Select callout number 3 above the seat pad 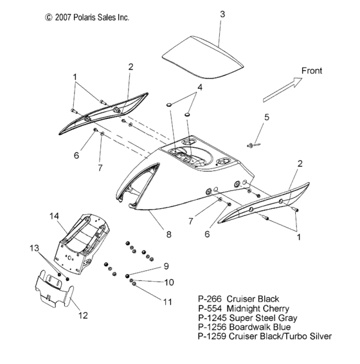222,13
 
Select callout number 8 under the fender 168,236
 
